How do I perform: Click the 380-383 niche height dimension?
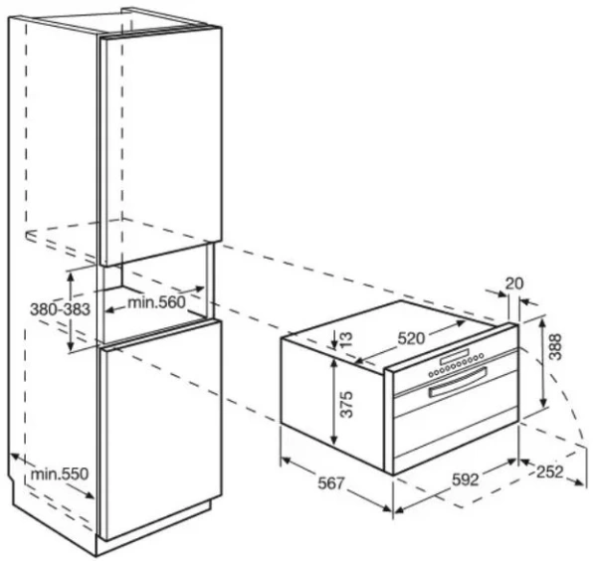tap(60, 309)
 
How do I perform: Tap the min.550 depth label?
tap(60, 473)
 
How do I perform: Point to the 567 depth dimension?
tap(331, 483)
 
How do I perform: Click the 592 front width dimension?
tap(465, 479)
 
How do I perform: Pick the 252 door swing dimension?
tap(549, 471)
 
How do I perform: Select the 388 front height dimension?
tap(555, 346)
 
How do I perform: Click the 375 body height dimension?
tap(346, 404)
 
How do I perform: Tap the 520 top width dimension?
tap(410, 338)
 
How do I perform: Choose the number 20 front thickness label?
tap(514, 283)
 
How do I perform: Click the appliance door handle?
tap(458, 383)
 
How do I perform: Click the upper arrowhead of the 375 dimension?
tap(334, 361)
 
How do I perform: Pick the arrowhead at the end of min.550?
tap(90, 494)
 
